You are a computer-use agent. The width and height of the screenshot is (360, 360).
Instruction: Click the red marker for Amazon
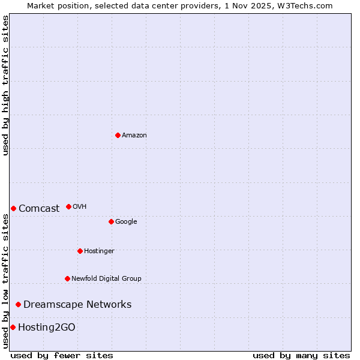coord(118,135)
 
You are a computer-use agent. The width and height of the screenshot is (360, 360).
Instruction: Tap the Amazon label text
coord(134,136)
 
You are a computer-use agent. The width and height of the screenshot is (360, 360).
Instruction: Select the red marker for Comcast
coord(13,208)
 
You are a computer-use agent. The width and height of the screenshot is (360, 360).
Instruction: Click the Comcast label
coord(39,209)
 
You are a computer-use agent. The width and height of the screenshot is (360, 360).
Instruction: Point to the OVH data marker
coord(68,206)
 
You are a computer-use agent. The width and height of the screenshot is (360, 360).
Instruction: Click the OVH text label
coord(80,207)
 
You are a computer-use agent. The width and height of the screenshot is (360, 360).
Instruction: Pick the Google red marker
coord(111,221)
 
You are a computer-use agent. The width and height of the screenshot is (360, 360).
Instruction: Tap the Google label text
coord(126,222)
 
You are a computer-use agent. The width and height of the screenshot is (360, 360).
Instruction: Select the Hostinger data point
coord(80,251)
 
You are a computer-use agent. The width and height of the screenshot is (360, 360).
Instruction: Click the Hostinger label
coord(99,251)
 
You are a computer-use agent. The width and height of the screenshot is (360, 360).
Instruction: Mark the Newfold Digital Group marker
coord(67,278)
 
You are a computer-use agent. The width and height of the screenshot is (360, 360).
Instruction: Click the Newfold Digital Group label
coord(106,278)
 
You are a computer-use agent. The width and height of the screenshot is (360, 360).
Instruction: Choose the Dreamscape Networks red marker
coord(18,304)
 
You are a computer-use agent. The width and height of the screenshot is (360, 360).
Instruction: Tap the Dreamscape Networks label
coord(77,305)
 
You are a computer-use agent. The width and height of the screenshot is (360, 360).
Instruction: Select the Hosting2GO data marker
coord(13,327)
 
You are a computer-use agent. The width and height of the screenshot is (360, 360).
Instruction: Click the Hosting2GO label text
coord(47,328)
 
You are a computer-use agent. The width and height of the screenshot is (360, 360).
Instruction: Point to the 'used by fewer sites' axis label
coord(62,355)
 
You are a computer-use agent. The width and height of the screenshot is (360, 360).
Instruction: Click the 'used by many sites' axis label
coord(301,355)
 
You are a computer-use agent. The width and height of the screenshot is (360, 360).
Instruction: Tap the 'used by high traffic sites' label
coord(5,85)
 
